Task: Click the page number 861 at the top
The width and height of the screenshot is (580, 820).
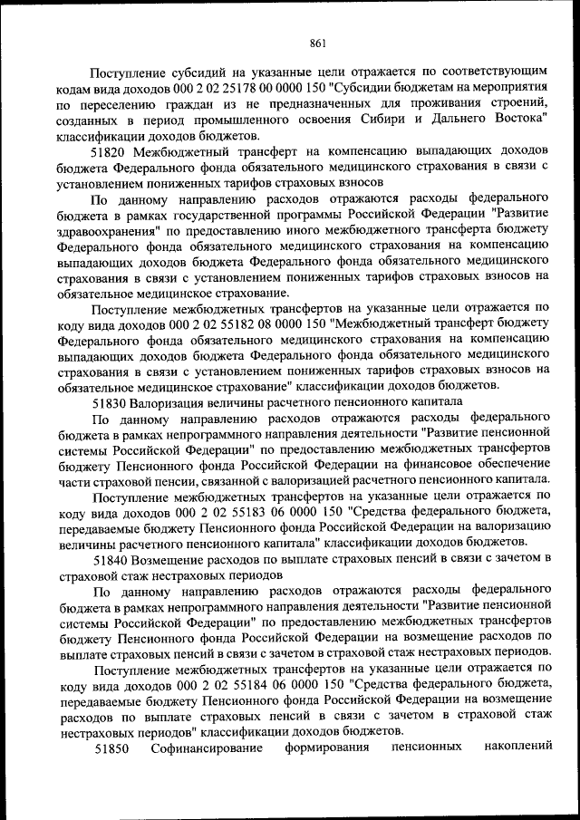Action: tap(317, 41)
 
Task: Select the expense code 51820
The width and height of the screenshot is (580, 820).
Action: tap(111, 150)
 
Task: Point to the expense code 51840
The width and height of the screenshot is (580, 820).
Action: tap(111, 559)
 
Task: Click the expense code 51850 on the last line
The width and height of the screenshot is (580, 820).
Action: tap(112, 748)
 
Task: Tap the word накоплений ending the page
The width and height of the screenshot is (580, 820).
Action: tap(518, 748)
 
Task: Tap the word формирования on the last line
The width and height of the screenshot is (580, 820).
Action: tap(326, 748)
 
